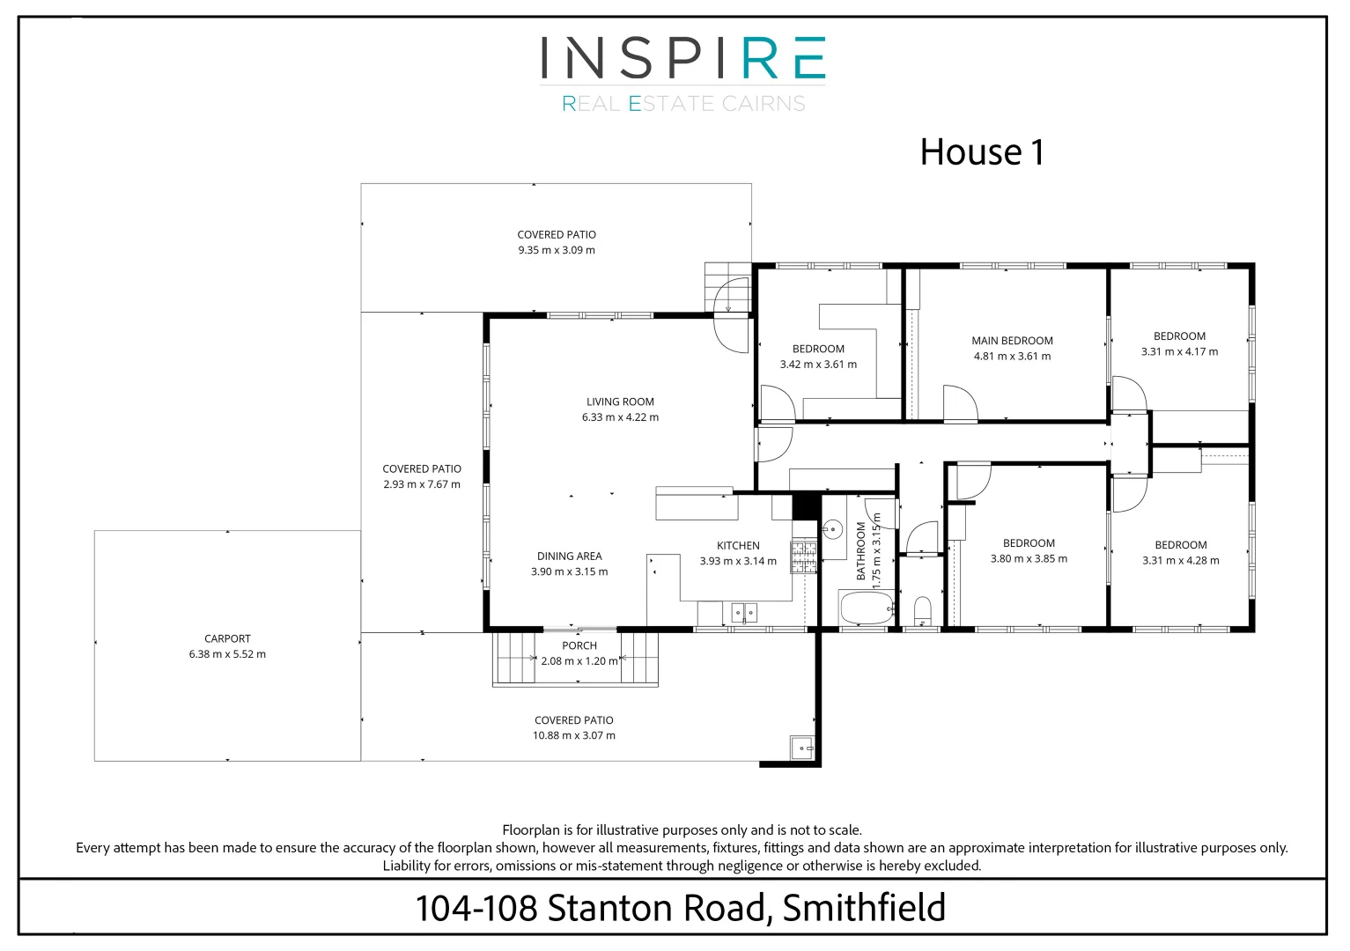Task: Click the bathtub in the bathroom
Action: click(867, 608)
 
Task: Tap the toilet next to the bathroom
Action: click(922, 610)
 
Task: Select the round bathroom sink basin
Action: click(831, 529)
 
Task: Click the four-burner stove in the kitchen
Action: click(803, 557)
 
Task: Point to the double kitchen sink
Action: click(743, 612)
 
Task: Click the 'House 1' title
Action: click(981, 152)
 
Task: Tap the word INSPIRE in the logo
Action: click(682, 58)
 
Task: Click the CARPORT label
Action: click(227, 638)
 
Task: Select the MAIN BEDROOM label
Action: click(1012, 341)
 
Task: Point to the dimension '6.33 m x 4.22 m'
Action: click(620, 417)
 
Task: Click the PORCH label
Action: click(579, 645)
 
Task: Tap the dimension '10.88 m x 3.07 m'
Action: click(573, 735)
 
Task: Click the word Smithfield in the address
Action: click(863, 908)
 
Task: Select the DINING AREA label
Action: click(569, 557)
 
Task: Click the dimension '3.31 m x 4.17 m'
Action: click(1179, 351)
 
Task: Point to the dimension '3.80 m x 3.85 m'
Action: click(1029, 559)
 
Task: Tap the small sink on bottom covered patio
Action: click(801, 748)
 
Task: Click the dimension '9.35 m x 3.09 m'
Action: click(557, 250)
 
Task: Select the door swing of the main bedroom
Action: click(959, 404)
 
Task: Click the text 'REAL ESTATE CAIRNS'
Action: click(683, 104)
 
